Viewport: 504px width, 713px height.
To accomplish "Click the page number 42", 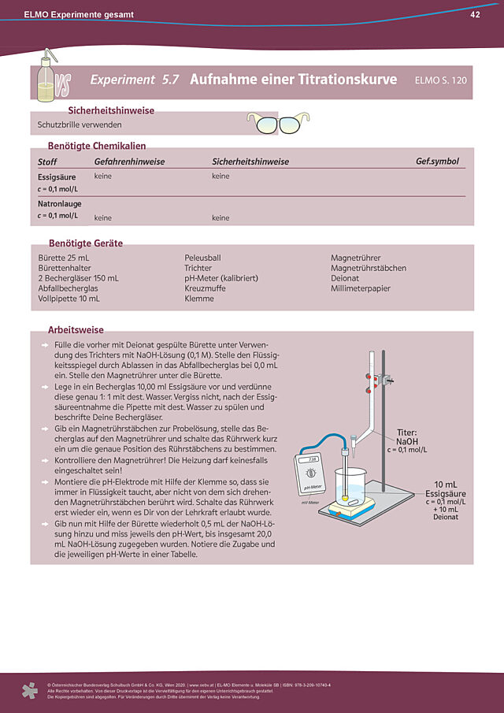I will point(475,15).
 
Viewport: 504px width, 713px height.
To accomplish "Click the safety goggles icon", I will point(279,123).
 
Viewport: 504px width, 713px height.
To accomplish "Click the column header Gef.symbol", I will point(437,162).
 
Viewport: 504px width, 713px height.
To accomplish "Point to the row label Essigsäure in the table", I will point(57,177).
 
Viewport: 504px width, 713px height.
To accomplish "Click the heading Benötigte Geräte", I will point(86,243).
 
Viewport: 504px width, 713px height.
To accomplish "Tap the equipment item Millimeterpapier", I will point(361,288).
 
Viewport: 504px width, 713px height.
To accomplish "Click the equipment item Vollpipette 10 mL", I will point(69,299).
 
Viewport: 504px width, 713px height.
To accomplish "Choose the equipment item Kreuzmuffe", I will point(206,288).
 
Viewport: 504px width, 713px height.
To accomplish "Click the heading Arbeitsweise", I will point(76,330).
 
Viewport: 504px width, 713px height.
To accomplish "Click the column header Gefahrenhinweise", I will point(129,162).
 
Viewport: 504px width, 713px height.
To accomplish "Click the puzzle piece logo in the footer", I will point(29,690).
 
